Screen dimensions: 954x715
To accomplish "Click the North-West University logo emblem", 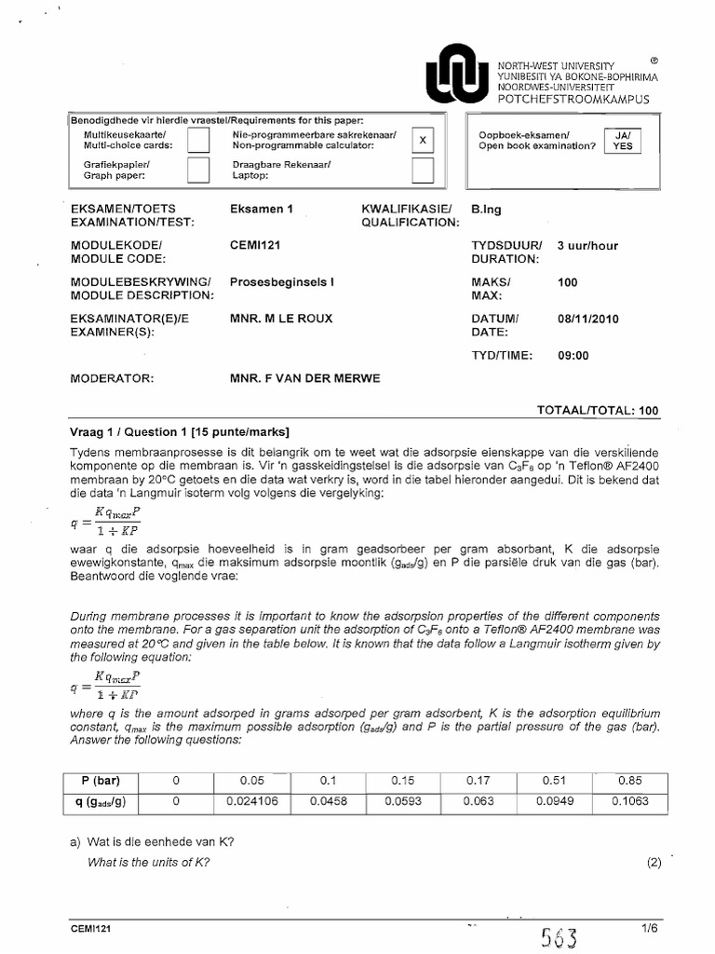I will tap(455, 74).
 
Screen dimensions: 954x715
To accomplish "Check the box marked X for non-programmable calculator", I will tap(423, 140).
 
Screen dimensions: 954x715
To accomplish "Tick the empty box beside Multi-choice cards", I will tap(198, 140).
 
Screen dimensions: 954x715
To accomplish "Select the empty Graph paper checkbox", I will tap(198, 170).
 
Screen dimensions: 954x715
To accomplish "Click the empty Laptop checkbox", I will tap(423, 170).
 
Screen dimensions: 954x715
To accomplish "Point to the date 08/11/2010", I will tap(587, 319).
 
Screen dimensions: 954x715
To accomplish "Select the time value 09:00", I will tap(573, 355).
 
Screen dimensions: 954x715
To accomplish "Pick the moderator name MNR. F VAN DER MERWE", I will tap(305, 379).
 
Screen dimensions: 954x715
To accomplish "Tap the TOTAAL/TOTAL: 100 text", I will tap(598, 410).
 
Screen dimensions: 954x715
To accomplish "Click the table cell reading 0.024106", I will tap(251, 800).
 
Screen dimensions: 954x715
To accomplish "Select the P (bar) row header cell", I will tap(101, 780).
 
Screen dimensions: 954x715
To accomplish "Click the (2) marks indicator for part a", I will tap(653, 863).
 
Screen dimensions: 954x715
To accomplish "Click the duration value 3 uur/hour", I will tap(587, 246).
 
